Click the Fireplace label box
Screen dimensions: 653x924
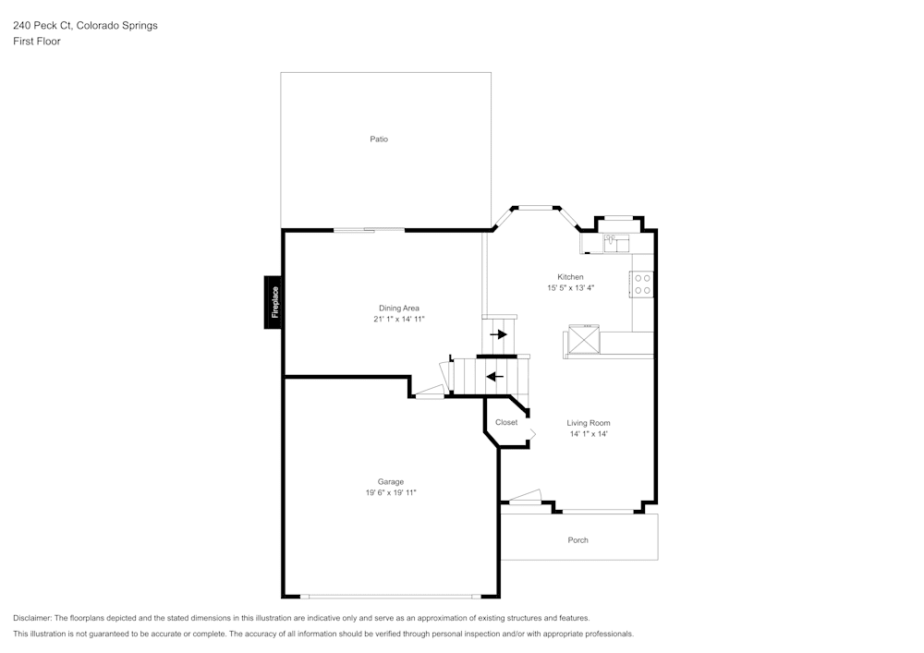273,302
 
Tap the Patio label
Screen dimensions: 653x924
379,139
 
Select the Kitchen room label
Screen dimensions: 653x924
570,277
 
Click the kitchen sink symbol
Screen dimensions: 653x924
615,243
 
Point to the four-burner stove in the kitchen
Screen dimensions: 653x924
642,284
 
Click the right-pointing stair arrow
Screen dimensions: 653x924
498,334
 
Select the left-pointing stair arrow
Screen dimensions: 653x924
495,376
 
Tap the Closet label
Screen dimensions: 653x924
506,422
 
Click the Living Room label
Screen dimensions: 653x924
589,423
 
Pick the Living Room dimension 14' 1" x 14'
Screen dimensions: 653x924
589,434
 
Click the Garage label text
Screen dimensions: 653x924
390,481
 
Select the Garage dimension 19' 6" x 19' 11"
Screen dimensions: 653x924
390,493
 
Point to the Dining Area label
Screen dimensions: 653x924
399,308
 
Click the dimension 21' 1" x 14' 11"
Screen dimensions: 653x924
399,320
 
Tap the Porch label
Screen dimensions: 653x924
577,540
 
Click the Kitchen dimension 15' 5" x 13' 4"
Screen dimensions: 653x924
570,288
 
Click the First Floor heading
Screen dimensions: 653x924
37,42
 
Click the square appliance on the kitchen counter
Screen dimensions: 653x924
584,339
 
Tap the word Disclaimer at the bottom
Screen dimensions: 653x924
32,618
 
